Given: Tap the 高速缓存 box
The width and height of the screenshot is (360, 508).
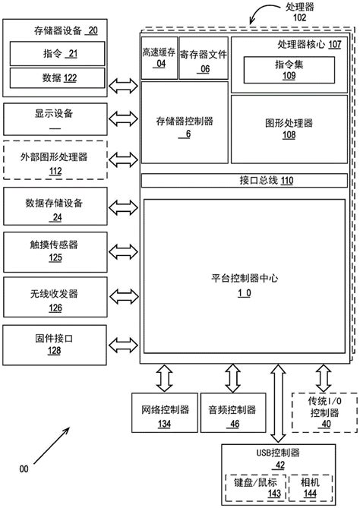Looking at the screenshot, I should point(159,58).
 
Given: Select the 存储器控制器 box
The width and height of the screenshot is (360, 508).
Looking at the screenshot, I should point(184,125).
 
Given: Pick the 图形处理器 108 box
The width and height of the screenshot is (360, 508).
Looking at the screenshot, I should point(289,128).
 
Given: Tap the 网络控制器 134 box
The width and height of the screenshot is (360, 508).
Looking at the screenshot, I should point(164,414).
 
